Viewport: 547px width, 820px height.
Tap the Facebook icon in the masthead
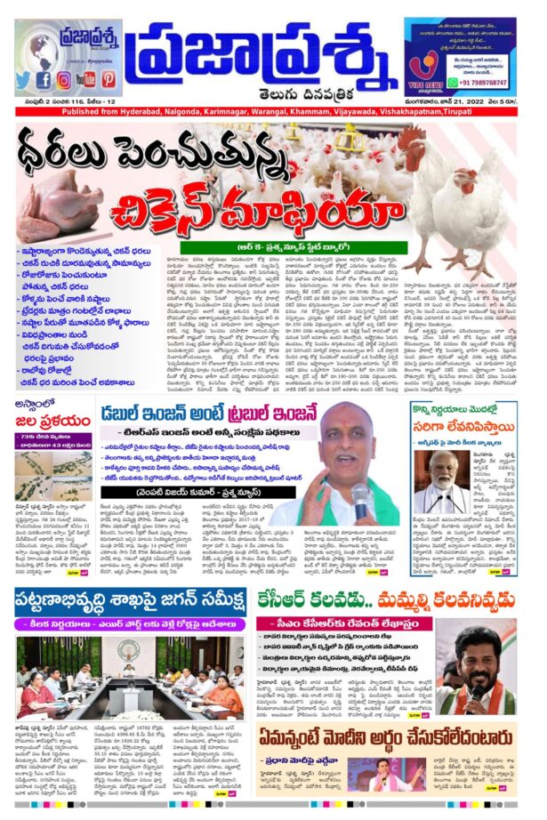[44, 79]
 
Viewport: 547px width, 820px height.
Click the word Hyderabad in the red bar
[131, 114]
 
